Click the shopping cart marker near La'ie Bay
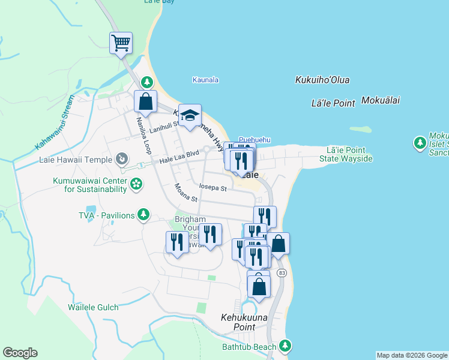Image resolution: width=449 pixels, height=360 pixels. coord(121,43)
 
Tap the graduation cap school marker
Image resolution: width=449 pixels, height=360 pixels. coord(190,115)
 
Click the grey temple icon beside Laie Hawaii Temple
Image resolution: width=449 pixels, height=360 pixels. coord(122,159)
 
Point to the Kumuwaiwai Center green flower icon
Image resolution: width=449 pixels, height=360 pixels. coord(136,184)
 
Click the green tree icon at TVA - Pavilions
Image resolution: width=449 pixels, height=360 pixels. coord(143,214)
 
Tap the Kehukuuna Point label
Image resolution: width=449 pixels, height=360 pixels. coord(246,322)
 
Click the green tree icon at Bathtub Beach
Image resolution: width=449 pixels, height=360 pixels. coord(286,346)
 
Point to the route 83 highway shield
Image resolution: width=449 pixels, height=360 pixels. coord(282,273)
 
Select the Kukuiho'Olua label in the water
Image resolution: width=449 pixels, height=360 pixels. coord(322,80)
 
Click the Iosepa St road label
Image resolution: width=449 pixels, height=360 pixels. coord(213,188)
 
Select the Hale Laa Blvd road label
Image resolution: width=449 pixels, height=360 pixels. coord(179,158)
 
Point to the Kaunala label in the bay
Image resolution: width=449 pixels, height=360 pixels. coord(205,80)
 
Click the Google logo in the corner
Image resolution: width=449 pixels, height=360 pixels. coord(20,353)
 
